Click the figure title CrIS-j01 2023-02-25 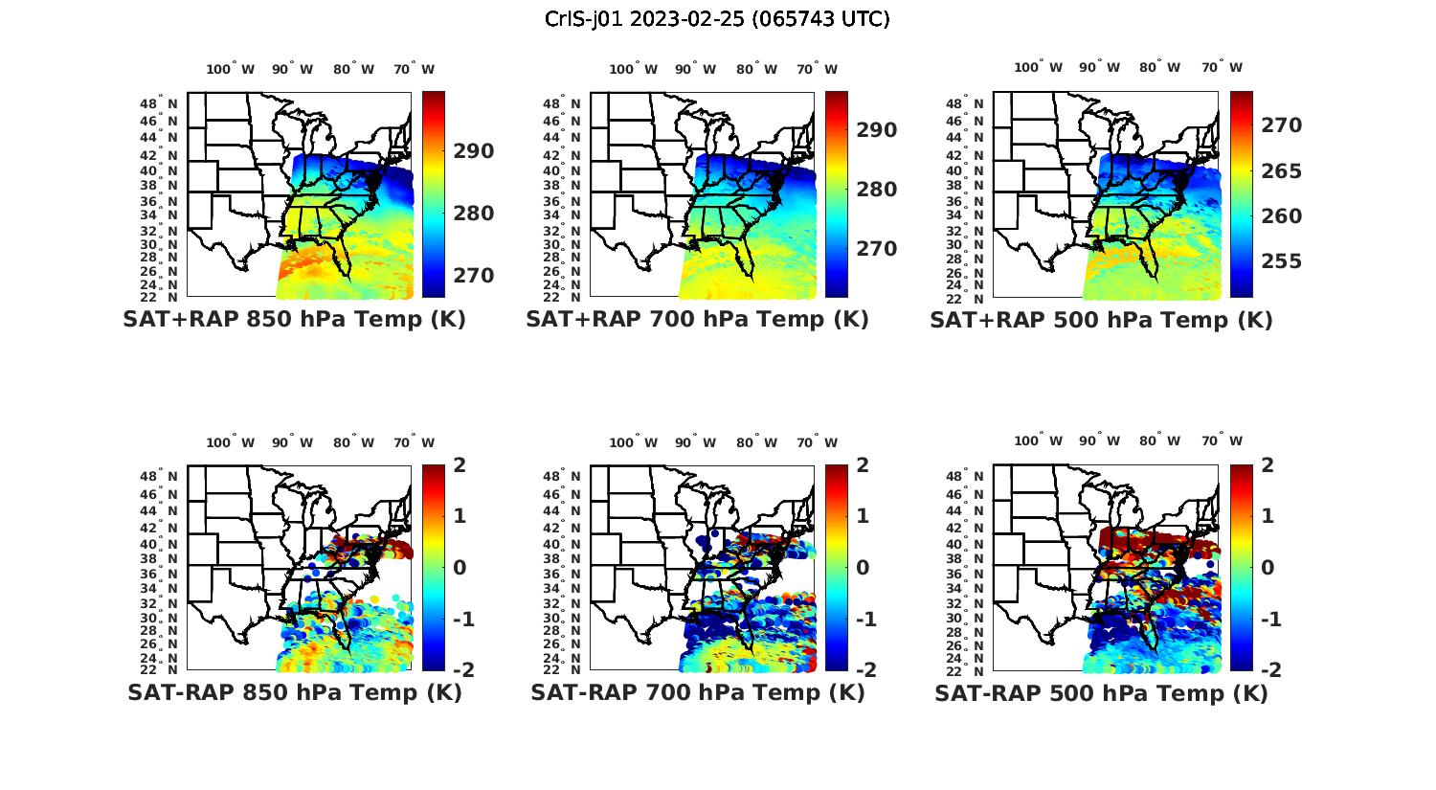717,19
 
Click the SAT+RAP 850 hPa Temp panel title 294,320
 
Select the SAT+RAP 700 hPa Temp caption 697,320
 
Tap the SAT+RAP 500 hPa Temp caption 1101,321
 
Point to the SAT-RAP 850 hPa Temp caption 294,693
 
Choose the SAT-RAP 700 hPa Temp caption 697,693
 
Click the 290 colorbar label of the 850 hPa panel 474,151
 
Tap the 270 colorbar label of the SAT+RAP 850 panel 474,276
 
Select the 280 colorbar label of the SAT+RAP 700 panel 877,190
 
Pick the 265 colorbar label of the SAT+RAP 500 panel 1281,171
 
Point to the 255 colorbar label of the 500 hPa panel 1281,261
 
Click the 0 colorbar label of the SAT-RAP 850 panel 460,567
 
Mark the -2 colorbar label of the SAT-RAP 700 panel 858,670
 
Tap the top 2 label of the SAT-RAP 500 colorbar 1267,465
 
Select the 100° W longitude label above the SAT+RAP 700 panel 633,69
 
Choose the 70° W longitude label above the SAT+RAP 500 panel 1222,67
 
